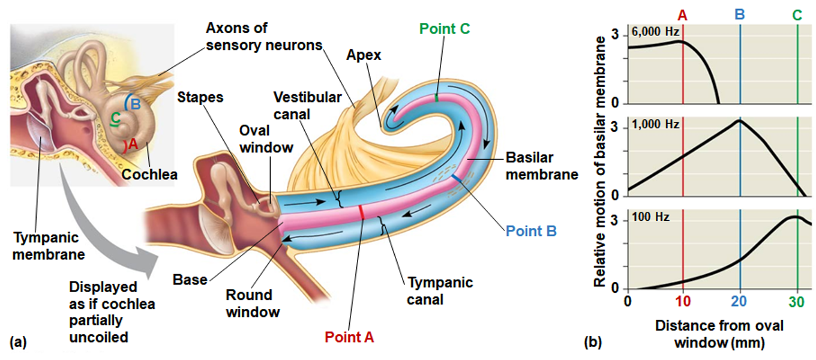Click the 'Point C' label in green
click(444, 29)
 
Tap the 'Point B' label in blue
click(531, 230)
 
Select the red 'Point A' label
click(349, 337)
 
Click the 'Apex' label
click(364, 55)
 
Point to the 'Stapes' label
click(200, 97)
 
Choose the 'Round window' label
click(253, 303)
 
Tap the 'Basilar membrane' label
click(542, 166)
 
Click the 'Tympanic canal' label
click(440, 290)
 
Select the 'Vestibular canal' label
click(307, 105)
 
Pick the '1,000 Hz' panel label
click(655, 124)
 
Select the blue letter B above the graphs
click(740, 14)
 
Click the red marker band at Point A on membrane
click(361, 212)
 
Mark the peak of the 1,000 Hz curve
click(740, 120)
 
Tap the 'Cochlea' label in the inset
click(149, 174)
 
